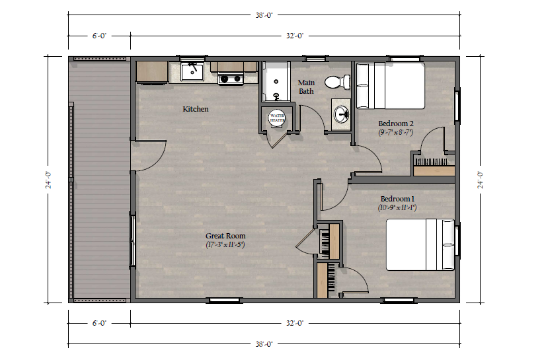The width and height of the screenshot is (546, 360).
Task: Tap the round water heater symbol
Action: tap(277, 118)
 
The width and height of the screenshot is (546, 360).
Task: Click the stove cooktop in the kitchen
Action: tap(231, 79)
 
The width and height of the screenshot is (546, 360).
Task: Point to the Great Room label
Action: tap(225, 236)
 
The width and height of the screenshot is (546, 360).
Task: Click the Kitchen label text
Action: tap(196, 109)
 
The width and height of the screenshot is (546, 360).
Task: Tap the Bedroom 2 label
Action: tap(396, 124)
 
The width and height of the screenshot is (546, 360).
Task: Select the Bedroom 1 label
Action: tap(397, 199)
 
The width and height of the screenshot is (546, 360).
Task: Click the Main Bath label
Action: tap(306, 87)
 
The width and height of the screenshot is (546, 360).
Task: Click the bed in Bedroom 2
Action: tap(391, 86)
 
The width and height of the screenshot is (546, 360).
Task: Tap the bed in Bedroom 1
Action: tap(420, 244)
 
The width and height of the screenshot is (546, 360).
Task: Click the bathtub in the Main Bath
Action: tap(276, 82)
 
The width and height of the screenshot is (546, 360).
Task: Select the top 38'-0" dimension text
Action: tap(264, 15)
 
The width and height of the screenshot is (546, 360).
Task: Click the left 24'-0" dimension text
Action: tap(48, 180)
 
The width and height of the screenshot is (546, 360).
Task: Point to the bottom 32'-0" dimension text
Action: tap(295, 323)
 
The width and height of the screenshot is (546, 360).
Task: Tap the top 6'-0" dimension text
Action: tap(99, 36)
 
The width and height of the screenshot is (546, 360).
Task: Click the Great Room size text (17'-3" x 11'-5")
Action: tap(225, 244)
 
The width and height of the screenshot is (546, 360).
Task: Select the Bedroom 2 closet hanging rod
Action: tap(432, 162)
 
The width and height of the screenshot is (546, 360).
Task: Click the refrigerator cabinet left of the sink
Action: tap(152, 73)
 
